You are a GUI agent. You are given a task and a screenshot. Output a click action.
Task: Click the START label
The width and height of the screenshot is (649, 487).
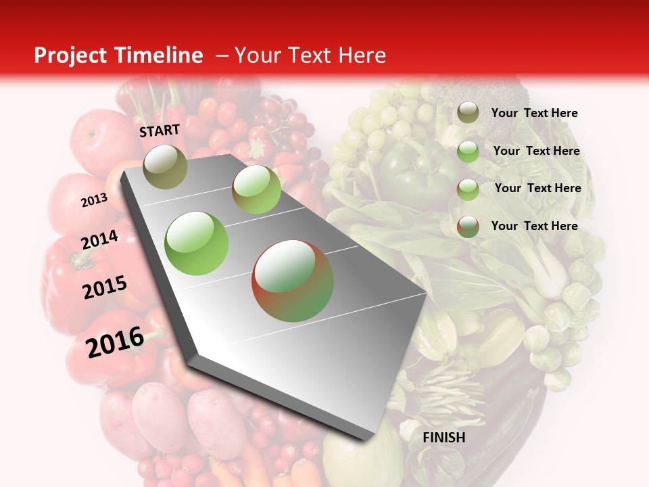[160, 131]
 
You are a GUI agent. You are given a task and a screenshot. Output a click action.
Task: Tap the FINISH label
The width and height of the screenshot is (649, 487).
[443, 438]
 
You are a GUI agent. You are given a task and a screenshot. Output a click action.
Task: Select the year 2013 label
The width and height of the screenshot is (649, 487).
[94, 200]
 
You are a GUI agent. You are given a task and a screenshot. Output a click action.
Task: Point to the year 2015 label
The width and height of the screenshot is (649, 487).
[104, 287]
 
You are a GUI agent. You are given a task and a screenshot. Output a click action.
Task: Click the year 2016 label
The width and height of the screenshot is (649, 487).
[115, 342]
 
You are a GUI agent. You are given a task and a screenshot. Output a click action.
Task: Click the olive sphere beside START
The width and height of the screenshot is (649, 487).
[165, 166]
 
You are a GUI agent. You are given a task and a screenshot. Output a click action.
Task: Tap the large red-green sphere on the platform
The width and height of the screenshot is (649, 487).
[293, 281]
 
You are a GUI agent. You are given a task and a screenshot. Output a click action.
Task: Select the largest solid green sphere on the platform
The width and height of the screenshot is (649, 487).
[197, 243]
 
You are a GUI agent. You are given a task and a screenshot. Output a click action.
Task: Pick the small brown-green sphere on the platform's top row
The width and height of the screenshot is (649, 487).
[256, 189]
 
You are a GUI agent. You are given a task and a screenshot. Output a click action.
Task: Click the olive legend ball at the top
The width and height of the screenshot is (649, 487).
[468, 112]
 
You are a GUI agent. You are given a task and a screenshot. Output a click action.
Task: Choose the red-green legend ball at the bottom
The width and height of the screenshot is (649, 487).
[468, 227]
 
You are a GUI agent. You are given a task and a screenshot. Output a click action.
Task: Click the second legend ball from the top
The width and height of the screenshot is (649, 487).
[468, 152]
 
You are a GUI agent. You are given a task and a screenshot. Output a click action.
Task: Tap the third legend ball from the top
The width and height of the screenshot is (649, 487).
[468, 189]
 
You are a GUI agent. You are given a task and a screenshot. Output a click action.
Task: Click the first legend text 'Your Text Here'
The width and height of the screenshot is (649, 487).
[534, 113]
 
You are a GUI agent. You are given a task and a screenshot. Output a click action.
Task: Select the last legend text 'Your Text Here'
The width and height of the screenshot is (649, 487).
[534, 226]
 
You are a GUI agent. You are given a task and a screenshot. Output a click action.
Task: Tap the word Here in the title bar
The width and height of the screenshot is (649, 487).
[362, 55]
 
